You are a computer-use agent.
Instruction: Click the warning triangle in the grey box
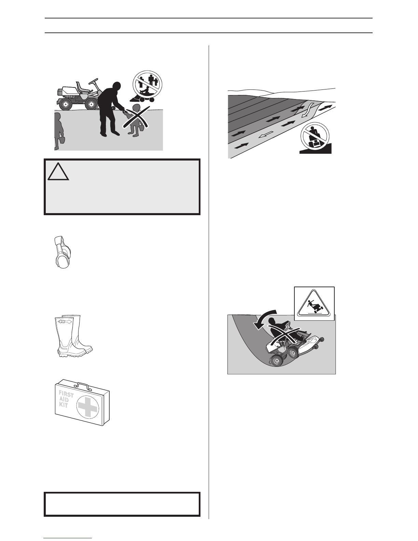(58, 172)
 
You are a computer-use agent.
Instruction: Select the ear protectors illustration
(62, 252)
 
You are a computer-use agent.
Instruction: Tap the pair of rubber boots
(73, 336)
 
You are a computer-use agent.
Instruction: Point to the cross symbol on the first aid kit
(88, 408)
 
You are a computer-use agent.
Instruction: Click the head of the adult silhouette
(116, 88)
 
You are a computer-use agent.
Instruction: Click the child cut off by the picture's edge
(58, 131)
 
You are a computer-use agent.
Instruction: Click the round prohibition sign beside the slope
(315, 137)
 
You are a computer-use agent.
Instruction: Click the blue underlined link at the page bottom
(68, 539)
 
